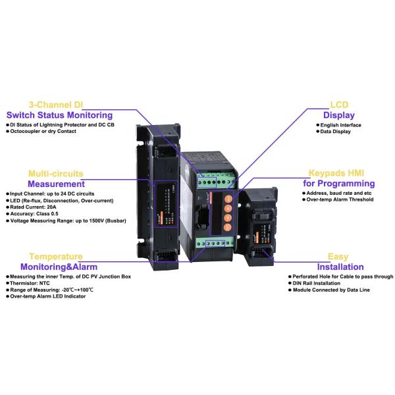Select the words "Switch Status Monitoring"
[x=68, y=115]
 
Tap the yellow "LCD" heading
[x=338, y=105]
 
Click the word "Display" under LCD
[x=338, y=115]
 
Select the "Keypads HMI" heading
[x=338, y=172]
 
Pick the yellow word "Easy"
[x=338, y=257]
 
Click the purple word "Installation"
[x=340, y=267]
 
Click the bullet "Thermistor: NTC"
[x=33, y=283]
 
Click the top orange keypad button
[x=227, y=197]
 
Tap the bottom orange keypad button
[x=227, y=227]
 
